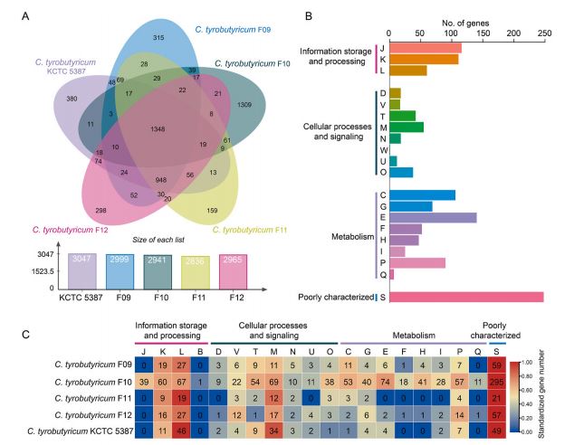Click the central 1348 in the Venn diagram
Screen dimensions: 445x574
tap(158, 129)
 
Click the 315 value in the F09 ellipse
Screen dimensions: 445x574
tap(158, 37)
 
